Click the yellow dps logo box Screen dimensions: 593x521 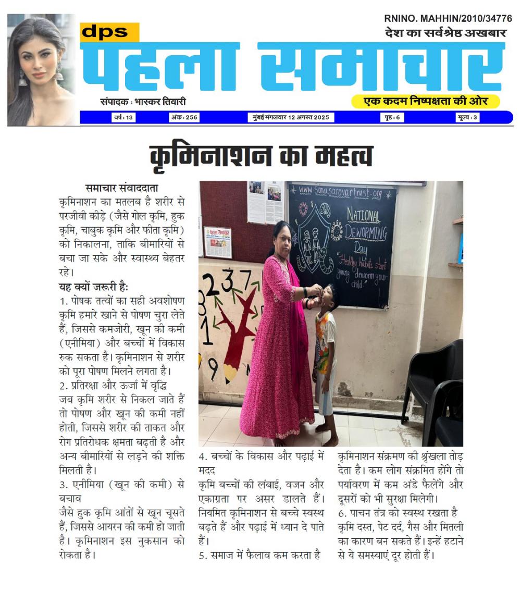pyautogui.click(x=109, y=32)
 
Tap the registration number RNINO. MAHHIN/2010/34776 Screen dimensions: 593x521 pyautogui.click(x=448, y=18)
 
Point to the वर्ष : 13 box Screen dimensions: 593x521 pyautogui.click(x=123, y=118)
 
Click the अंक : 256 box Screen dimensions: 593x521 pyautogui.click(x=184, y=118)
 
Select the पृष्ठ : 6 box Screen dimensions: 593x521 pyautogui.click(x=392, y=118)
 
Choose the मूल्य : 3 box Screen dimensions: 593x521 pyautogui.click(x=468, y=118)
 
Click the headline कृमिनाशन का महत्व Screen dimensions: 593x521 pyautogui.click(x=261, y=155)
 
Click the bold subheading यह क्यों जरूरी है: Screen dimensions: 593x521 pyautogui.click(x=93, y=286)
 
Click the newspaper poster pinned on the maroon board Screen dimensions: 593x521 pyautogui.click(x=217, y=242)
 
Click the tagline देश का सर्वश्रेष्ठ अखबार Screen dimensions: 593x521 pyautogui.click(x=445, y=33)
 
